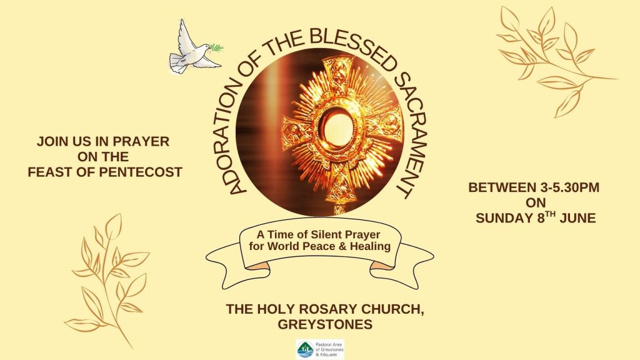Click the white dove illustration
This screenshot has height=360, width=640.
[x=192, y=49]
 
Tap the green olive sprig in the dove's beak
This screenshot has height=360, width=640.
[x=217, y=47]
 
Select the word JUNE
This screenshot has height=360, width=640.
[x=577, y=218]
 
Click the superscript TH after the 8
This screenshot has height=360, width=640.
[x=551, y=214]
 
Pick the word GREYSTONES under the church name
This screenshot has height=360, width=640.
[x=325, y=324]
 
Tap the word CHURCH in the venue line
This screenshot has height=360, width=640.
[x=393, y=309]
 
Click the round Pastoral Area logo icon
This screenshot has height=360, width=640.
[x=305, y=350]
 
